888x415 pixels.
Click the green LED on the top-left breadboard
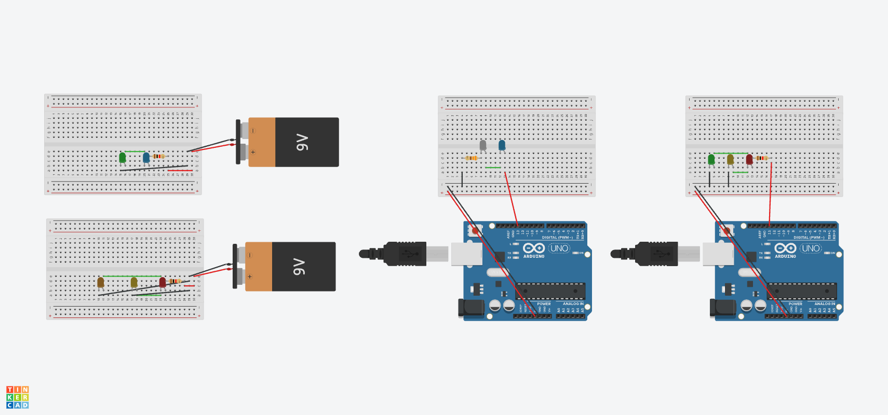point(123,157)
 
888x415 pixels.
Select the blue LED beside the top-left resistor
point(146,157)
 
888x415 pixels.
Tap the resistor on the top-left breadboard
point(159,156)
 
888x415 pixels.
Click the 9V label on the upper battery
point(302,142)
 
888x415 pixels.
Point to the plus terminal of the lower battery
point(250,276)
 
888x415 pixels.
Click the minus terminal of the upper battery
point(253,131)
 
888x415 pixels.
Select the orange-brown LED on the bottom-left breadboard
point(101,282)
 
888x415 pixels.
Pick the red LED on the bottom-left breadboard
point(163,282)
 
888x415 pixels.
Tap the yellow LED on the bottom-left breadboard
point(134,282)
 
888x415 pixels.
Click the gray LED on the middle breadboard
point(483,145)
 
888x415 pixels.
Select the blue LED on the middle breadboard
point(502,145)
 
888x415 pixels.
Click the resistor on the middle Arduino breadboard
point(472,158)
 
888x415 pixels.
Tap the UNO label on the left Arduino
point(559,248)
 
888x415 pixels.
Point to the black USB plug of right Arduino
point(657,254)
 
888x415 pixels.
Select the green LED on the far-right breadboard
point(711,159)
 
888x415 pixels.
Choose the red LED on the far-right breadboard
point(749,159)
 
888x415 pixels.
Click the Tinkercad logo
point(18,397)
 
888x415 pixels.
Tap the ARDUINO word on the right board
point(785,256)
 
